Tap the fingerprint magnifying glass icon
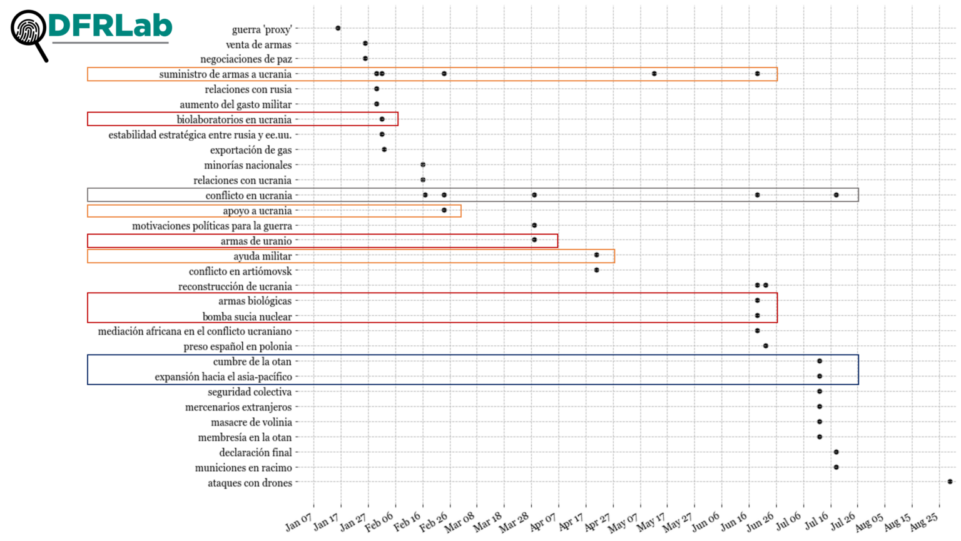[x=29, y=32]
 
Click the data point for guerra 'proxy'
[x=338, y=28]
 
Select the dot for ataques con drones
[x=950, y=482]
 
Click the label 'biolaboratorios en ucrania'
[x=234, y=119]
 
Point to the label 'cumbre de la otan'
[x=252, y=362]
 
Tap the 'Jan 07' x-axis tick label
[x=299, y=522]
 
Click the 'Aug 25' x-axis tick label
[x=924, y=522]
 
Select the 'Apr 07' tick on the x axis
[x=543, y=522]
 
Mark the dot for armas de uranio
[x=534, y=240]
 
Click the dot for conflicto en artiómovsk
[x=596, y=270]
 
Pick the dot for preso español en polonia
[x=766, y=346]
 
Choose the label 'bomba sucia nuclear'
[x=247, y=316]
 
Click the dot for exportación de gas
[x=384, y=149]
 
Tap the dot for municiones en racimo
[x=836, y=467]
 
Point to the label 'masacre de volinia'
[x=252, y=422]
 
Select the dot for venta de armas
[x=365, y=44]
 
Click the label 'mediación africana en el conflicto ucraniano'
[x=195, y=331]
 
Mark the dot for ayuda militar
[x=597, y=255]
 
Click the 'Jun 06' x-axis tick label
[x=706, y=522]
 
